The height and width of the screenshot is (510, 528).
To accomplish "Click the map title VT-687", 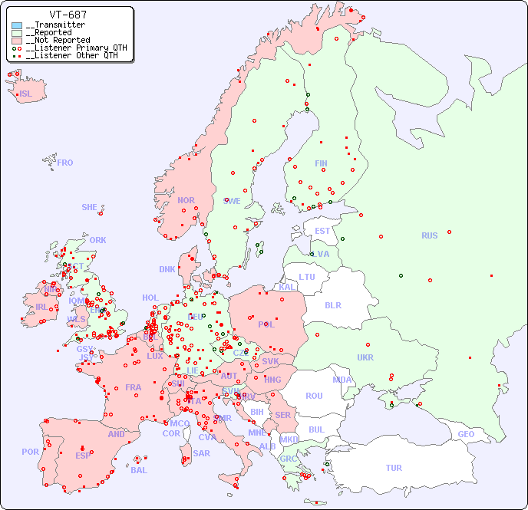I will (68, 15).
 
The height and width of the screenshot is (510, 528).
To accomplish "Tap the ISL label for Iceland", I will (26, 94).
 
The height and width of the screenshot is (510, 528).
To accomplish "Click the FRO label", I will (65, 163).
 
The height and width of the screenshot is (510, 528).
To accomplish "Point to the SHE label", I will (90, 207).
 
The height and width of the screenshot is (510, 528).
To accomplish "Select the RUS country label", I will (429, 235).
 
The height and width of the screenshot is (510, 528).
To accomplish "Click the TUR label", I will (394, 468).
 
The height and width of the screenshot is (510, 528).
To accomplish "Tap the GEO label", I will (466, 434).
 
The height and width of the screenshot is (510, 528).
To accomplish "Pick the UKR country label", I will (365, 357).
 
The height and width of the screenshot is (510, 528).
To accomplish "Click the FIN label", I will (321, 163).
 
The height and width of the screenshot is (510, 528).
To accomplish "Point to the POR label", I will (30, 452).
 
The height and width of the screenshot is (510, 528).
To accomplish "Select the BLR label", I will (332, 304).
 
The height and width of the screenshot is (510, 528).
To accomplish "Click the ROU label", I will (314, 396).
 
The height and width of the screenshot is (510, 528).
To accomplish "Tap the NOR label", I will (186, 200).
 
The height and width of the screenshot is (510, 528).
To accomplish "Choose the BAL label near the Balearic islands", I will (139, 470).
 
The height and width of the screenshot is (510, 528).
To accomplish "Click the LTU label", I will (307, 277).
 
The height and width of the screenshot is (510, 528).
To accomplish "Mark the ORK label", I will (97, 240).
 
